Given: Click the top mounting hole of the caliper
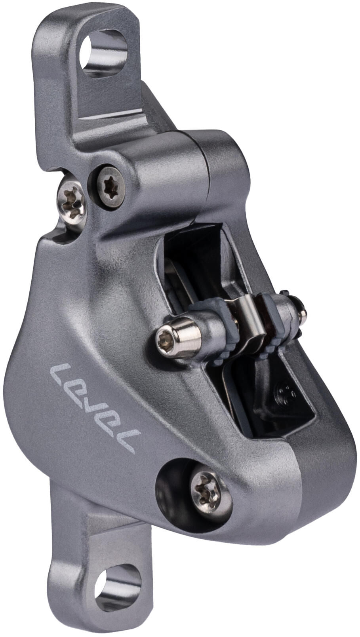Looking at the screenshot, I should coord(104,53).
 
